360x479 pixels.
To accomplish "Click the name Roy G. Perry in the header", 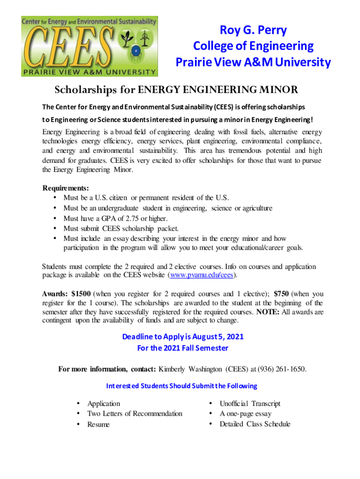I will tap(253, 31).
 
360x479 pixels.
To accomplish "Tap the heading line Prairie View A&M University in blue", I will tap(253, 62).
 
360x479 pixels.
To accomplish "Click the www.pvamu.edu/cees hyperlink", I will tap(202, 275).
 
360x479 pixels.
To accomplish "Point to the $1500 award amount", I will tap(81, 294).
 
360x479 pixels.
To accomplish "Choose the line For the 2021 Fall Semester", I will tap(182, 348).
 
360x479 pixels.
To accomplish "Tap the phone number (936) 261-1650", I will tap(279, 369).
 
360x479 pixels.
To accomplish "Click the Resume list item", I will tap(99, 424).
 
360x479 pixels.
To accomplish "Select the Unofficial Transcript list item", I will tap(250, 403).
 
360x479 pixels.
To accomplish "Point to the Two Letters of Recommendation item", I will tap(135, 414).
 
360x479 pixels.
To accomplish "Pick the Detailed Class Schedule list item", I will tap(255, 424).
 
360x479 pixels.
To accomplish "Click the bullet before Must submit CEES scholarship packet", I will tap(56, 229).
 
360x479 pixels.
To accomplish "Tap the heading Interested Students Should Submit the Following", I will tap(182, 386).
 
